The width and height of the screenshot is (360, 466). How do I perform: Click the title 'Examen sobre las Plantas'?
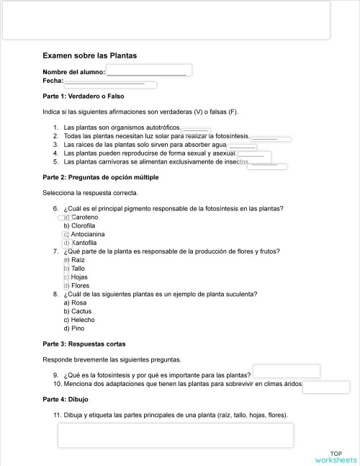(x=89, y=55)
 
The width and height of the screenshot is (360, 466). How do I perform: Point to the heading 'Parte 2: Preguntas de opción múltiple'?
(x=101, y=177)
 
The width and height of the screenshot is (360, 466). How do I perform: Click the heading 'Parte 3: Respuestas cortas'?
(x=84, y=344)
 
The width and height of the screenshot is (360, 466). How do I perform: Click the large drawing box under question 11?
(x=175, y=435)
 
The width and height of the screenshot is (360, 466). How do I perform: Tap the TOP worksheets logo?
(x=335, y=457)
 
